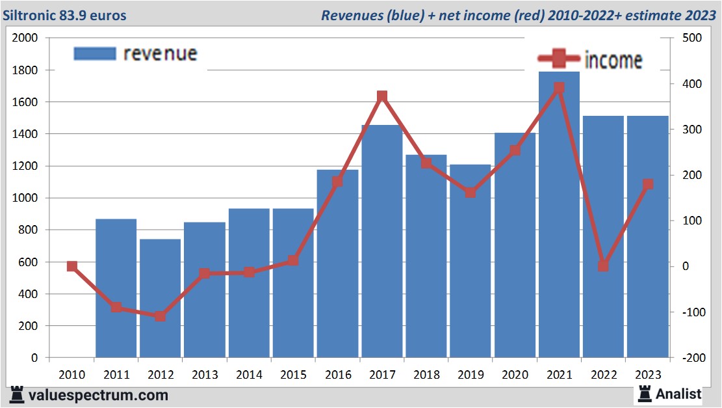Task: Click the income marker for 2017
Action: coord(382,96)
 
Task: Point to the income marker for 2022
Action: coord(603,265)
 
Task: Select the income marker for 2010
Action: coord(72,265)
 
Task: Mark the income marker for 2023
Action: coord(647,184)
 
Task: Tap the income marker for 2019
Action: coord(471,192)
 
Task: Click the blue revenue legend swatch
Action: coord(95,53)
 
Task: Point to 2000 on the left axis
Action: coord(25,38)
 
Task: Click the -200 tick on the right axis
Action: coord(691,358)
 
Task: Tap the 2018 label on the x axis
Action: coord(426,375)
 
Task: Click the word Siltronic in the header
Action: coord(27,15)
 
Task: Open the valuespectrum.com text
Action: coord(98,395)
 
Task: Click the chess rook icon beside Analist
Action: coord(644,393)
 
